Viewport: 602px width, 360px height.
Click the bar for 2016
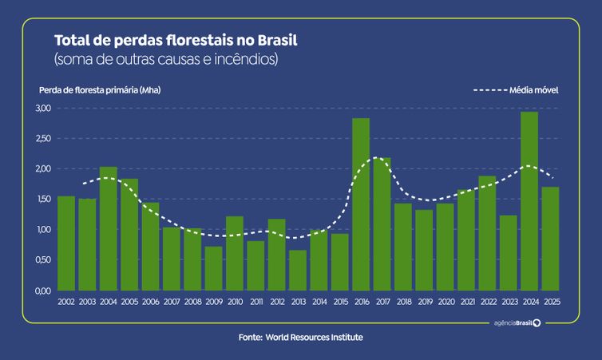(x=361, y=204)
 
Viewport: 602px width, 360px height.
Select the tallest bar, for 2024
(x=529, y=201)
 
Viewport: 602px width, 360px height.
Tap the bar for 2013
(x=298, y=270)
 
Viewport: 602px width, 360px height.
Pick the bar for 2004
(x=109, y=229)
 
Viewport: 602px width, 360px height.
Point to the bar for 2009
(x=213, y=268)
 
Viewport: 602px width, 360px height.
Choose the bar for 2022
(x=487, y=233)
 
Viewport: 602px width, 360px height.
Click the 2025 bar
(x=551, y=239)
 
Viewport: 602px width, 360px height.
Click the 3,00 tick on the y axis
(x=43, y=108)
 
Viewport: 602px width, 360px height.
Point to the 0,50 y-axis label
(x=43, y=260)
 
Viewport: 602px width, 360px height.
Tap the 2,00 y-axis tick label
(x=43, y=168)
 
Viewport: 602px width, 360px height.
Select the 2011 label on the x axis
(x=256, y=302)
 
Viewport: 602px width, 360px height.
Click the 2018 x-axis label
(x=404, y=302)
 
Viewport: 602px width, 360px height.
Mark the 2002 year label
(x=66, y=302)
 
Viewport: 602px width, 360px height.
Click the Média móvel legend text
(x=533, y=90)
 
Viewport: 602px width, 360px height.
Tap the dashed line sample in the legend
(x=490, y=90)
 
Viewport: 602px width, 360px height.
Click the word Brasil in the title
(x=277, y=40)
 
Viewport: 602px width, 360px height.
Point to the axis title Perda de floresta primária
(x=89, y=90)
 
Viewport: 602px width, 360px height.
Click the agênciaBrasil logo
(x=517, y=323)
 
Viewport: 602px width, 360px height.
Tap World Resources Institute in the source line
(x=314, y=338)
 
